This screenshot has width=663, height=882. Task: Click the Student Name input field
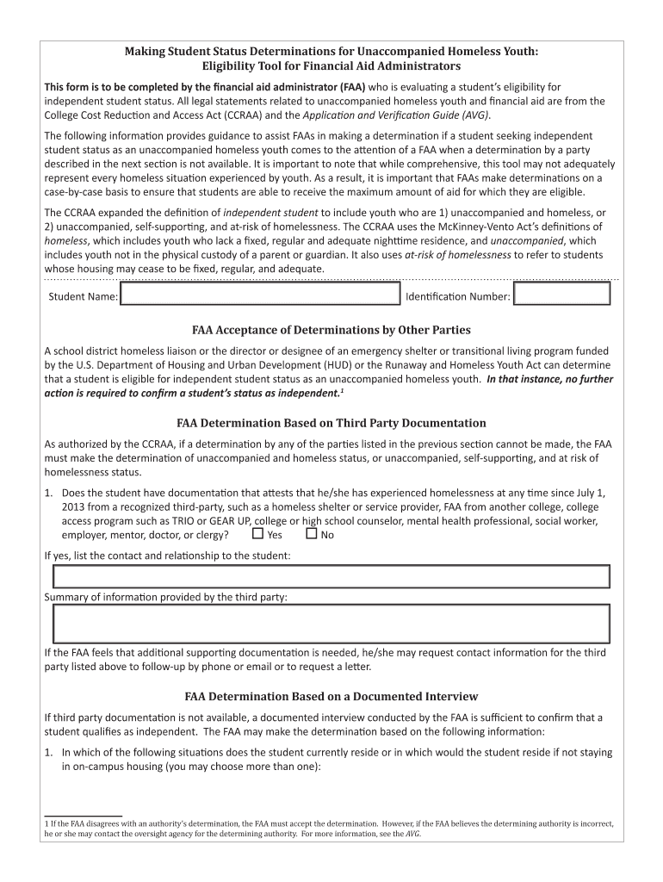[x=262, y=295]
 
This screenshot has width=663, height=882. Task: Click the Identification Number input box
[x=561, y=295]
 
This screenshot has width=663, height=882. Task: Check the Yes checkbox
[x=257, y=534]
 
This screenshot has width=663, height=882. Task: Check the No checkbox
[x=311, y=534]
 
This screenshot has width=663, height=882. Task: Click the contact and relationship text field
[x=331, y=576]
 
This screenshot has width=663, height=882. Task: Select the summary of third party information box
[x=331, y=624]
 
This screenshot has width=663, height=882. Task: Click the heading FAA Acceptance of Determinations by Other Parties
[x=331, y=330]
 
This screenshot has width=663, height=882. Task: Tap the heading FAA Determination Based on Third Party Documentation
[x=331, y=423]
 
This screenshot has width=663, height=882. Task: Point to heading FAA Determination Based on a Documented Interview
[x=331, y=696]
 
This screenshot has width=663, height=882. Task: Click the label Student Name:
[x=83, y=297]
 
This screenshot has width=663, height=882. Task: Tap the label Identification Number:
[x=457, y=297]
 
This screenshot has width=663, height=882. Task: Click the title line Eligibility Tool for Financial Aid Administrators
[x=331, y=66]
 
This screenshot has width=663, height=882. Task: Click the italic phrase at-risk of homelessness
[x=457, y=255]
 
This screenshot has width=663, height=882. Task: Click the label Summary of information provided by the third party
[x=165, y=597]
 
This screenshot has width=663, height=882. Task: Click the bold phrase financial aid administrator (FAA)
[x=283, y=87]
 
